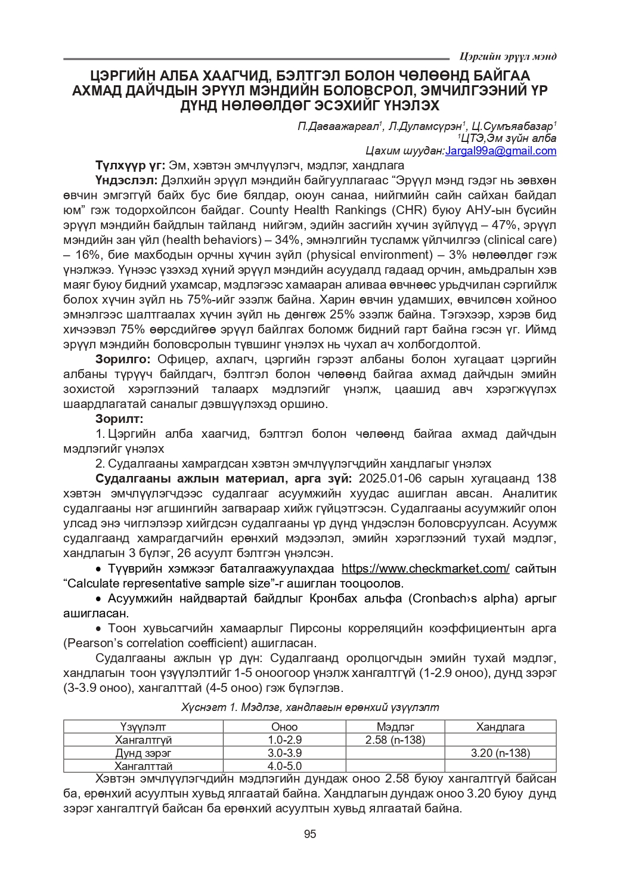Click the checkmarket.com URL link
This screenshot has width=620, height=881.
click(x=425, y=568)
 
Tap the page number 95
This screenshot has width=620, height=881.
click(x=310, y=834)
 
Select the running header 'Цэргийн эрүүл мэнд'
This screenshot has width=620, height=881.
click(x=508, y=57)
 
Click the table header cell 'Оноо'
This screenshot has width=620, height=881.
click(x=284, y=727)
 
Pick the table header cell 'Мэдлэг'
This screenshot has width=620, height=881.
click(x=395, y=727)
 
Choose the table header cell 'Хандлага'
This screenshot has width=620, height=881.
click(x=500, y=727)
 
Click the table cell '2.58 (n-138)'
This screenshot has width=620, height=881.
click(x=395, y=740)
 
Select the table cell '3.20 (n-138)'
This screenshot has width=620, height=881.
click(x=500, y=753)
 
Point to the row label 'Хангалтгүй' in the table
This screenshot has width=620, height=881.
click(x=143, y=740)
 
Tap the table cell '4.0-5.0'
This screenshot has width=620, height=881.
click(x=284, y=766)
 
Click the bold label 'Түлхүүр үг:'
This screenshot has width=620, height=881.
click(x=130, y=165)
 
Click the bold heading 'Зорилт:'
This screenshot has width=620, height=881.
click(x=119, y=419)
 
